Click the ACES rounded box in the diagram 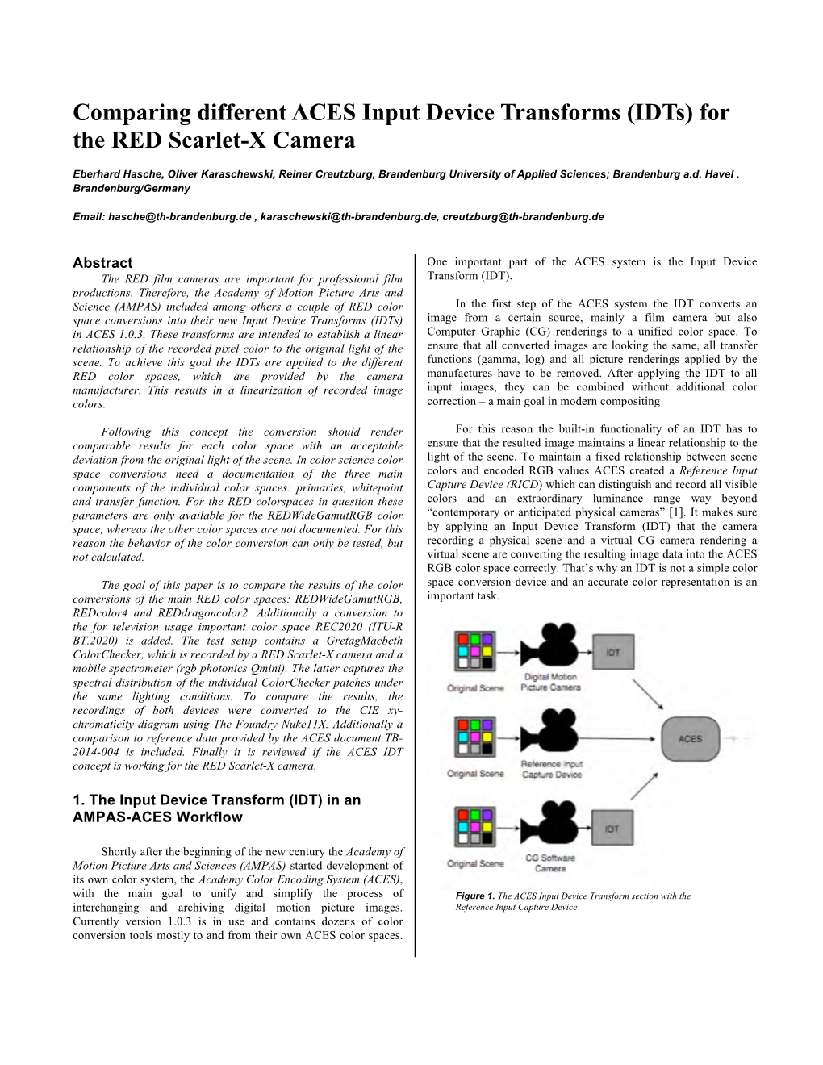click(690, 739)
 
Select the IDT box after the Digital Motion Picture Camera click(612, 651)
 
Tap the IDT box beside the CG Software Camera click(612, 829)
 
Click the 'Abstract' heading click(102, 263)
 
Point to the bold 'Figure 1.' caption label click(474, 896)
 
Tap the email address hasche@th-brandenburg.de click(179, 217)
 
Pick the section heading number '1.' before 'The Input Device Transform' click(77, 800)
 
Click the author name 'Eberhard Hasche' click(111, 174)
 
